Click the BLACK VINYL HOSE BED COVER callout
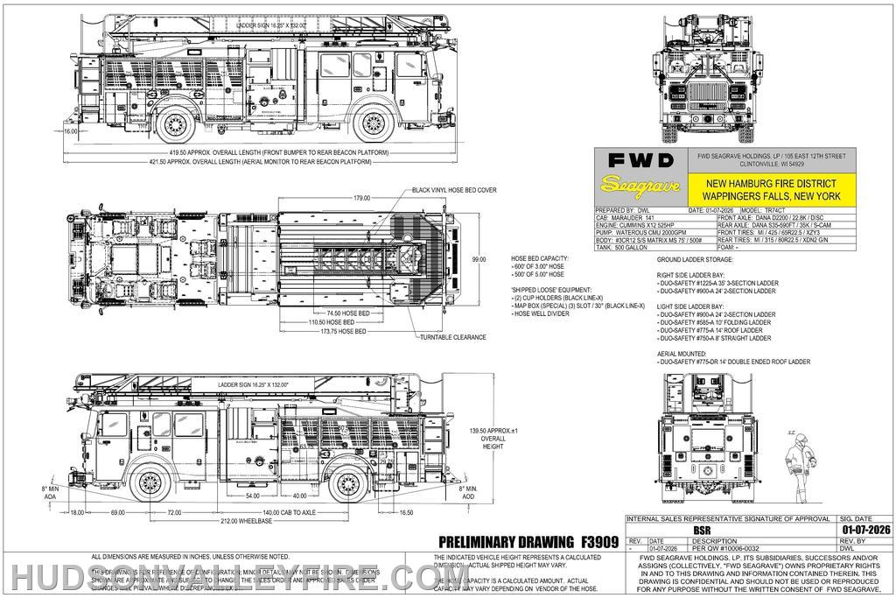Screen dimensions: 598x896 [456, 189]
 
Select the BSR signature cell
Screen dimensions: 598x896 [700, 529]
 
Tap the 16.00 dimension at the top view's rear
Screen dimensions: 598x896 [70, 131]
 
